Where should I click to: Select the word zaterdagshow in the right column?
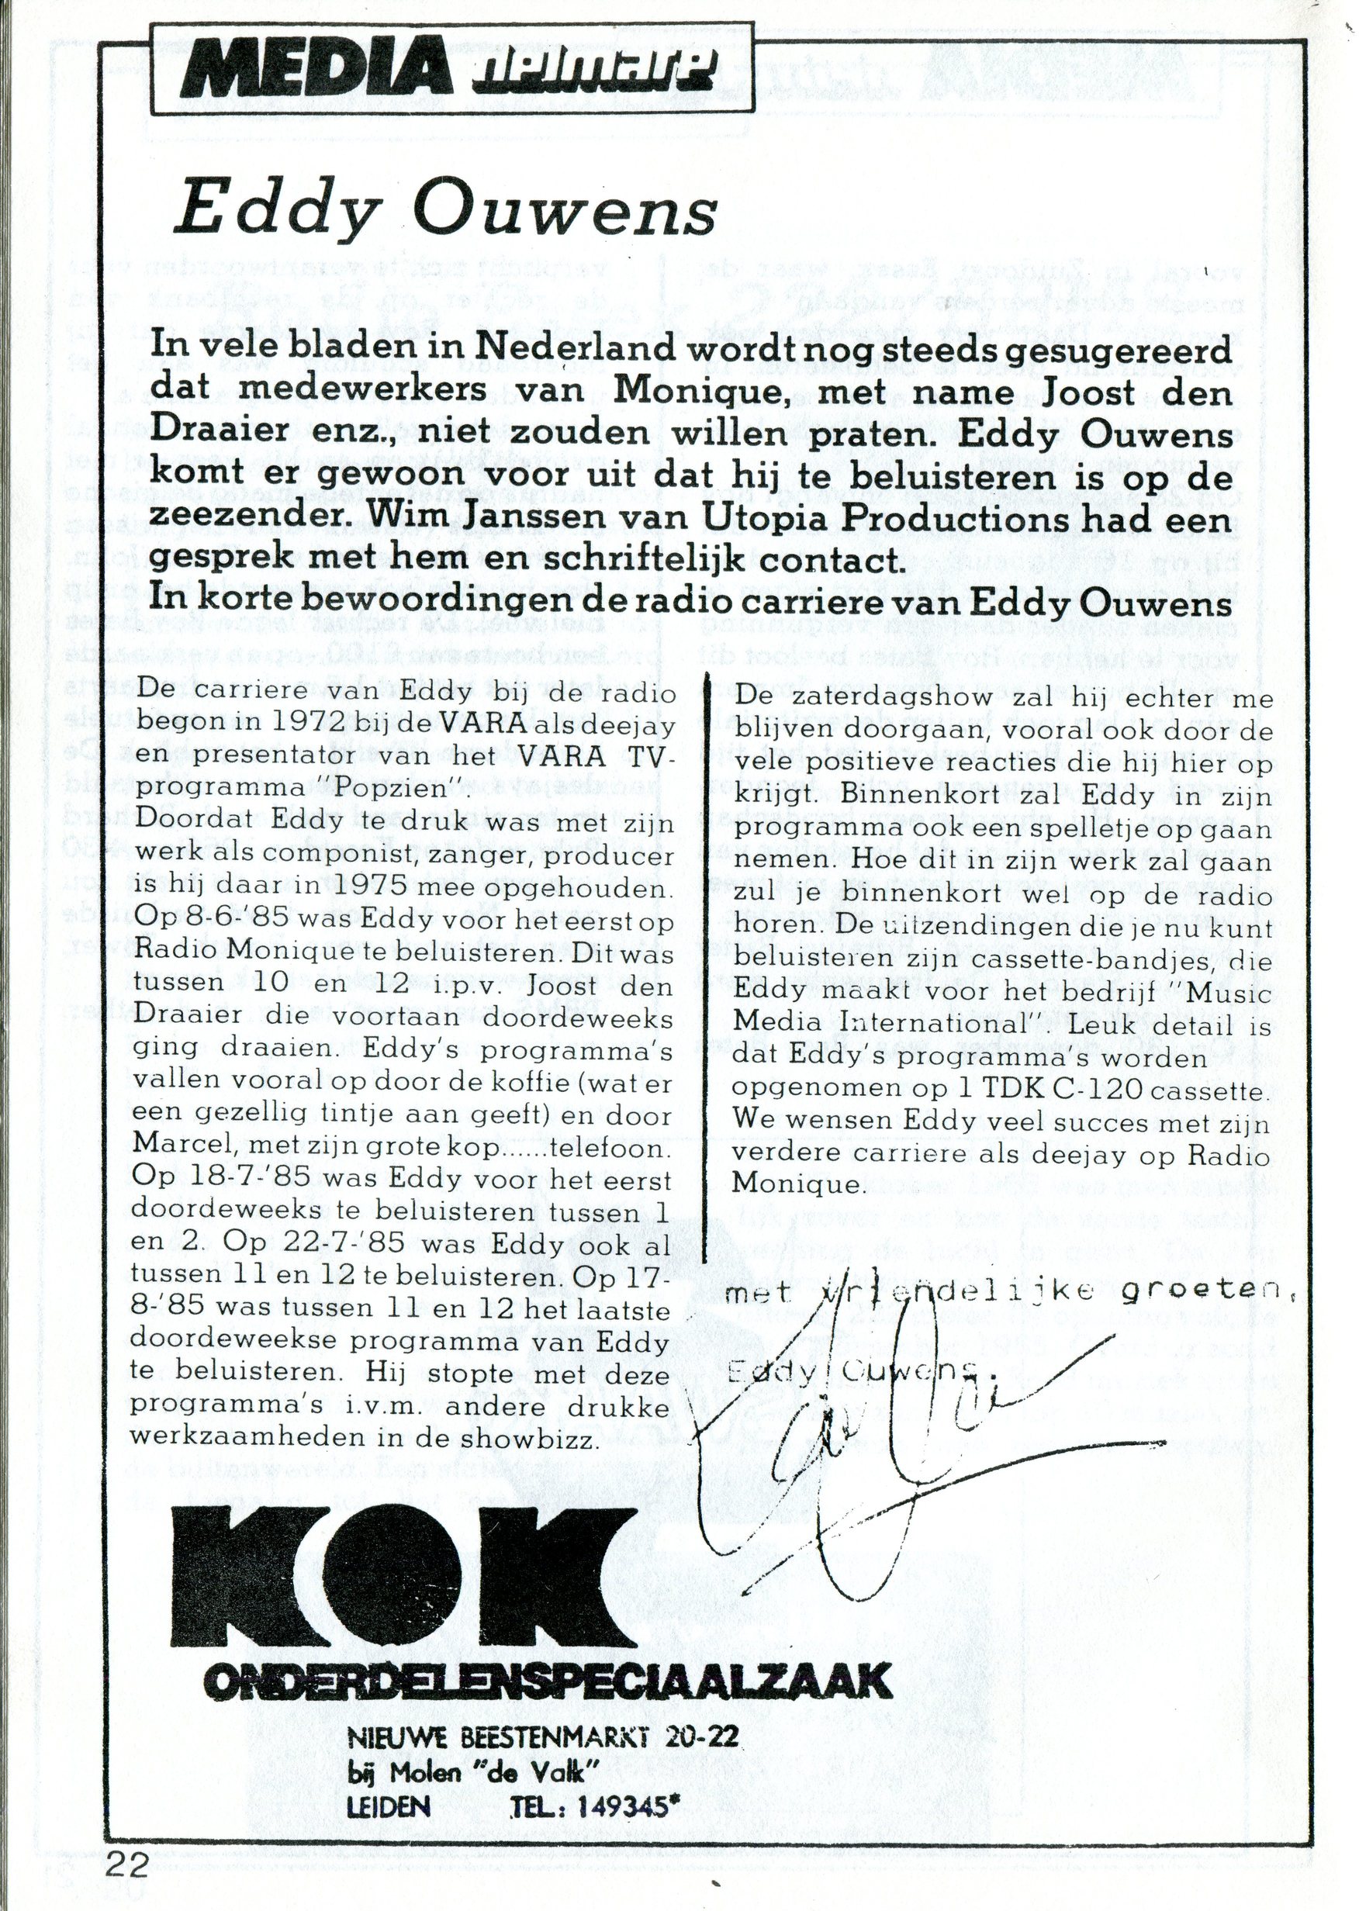(895, 697)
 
